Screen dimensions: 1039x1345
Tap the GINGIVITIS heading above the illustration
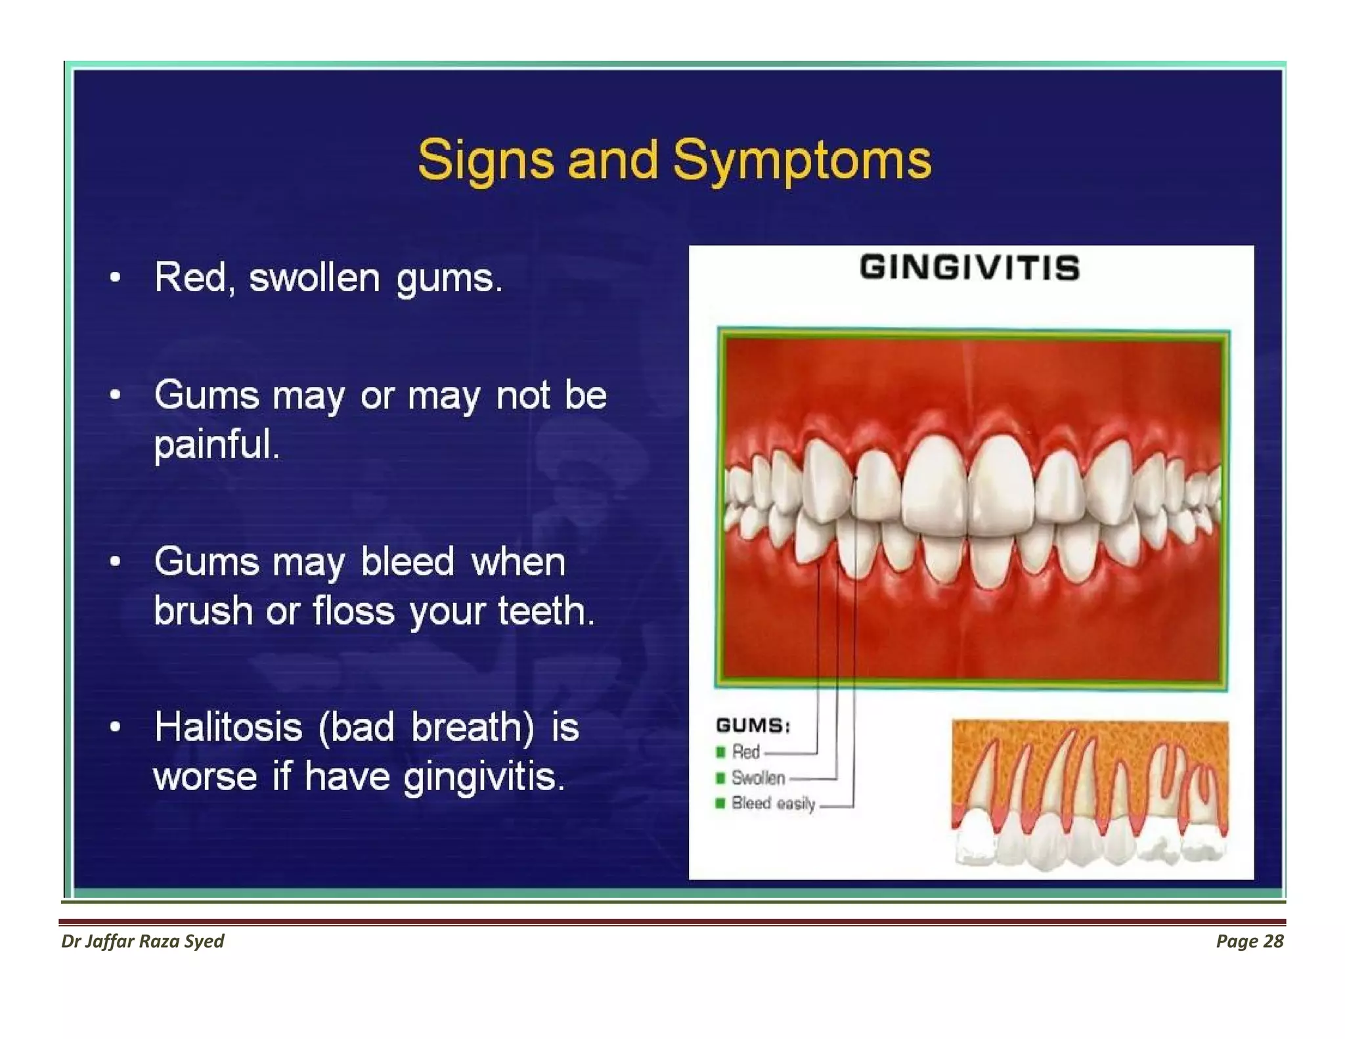tap(969, 268)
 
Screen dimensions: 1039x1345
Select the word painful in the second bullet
tap(216, 445)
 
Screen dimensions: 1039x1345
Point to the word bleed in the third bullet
tap(407, 562)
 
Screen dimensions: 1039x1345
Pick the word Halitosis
tap(228, 728)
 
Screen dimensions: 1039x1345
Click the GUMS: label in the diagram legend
tap(753, 726)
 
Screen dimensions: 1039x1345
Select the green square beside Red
tap(720, 752)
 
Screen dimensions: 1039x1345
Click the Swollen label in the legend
tap(758, 778)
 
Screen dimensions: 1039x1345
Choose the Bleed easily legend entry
tap(773, 803)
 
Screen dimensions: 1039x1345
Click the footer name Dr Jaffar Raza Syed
tap(143, 941)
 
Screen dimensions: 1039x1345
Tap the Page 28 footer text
tap(1249, 941)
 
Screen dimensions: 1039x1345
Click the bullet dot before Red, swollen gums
tap(116, 277)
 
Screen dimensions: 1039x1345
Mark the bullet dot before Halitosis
tap(116, 727)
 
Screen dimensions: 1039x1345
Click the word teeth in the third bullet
tap(545, 611)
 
